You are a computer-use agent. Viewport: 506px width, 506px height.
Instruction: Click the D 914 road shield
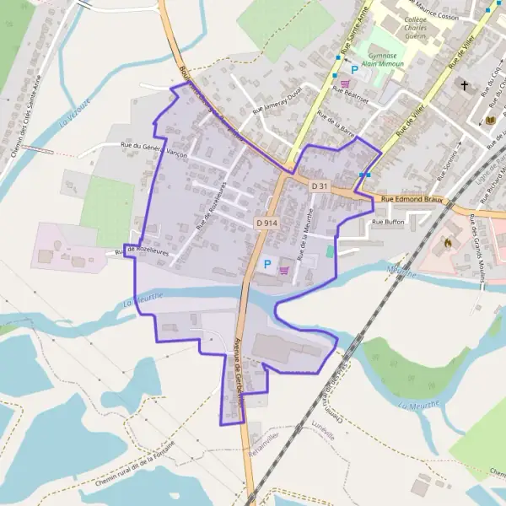(266, 223)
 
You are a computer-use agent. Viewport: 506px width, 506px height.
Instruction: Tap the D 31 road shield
(319, 185)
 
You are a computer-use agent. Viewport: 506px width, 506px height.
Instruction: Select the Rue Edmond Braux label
(412, 199)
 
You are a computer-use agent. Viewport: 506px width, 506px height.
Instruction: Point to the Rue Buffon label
(388, 222)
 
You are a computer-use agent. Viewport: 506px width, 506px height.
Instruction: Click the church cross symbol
(464, 85)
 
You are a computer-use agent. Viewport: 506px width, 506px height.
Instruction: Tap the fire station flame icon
(447, 242)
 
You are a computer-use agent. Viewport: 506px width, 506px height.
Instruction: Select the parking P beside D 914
(267, 264)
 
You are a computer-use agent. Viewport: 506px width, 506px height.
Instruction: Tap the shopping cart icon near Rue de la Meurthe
(284, 270)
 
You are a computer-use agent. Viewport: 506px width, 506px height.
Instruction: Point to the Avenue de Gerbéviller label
(238, 371)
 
